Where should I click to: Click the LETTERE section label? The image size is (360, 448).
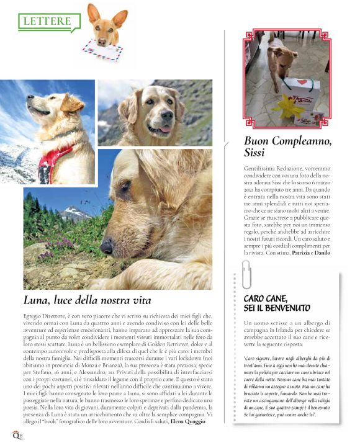pos(47,21)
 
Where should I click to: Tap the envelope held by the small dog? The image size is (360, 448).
pos(103,49)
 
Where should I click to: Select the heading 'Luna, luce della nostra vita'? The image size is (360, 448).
pos(87,300)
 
